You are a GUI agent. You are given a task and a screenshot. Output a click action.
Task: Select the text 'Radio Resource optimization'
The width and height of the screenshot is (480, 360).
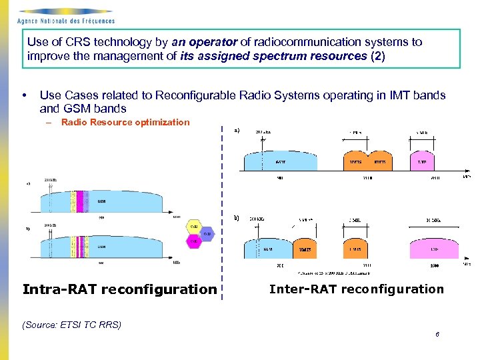pyautogui.click(x=125, y=122)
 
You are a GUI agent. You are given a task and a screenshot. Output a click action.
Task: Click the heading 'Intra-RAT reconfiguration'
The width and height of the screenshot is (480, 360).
pyautogui.click(x=119, y=289)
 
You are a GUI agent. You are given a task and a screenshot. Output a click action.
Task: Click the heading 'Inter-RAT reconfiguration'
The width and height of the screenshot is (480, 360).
pyautogui.click(x=356, y=289)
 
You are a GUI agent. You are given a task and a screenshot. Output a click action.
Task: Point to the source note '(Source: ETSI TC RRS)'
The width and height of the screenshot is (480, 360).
pyautogui.click(x=72, y=325)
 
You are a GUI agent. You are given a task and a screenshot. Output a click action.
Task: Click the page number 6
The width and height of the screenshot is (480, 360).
pyautogui.click(x=437, y=335)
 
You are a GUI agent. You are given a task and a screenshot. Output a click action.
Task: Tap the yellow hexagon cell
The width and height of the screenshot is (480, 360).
pyautogui.click(x=194, y=227)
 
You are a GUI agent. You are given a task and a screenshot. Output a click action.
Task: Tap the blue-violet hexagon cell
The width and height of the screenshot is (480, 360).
pyautogui.click(x=206, y=234)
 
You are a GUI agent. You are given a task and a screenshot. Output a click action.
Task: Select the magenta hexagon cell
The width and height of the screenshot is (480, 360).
pyautogui.click(x=194, y=241)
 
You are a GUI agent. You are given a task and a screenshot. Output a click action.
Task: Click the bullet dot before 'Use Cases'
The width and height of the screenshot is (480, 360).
pyautogui.click(x=24, y=95)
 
